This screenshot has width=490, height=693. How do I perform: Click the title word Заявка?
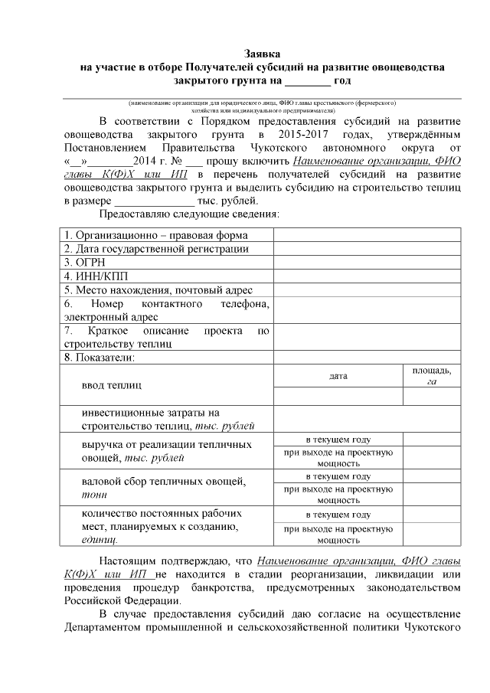[x=262, y=54]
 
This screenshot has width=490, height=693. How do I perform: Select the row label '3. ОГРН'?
[x=85, y=262]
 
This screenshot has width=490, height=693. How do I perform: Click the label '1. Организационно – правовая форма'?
[x=156, y=235]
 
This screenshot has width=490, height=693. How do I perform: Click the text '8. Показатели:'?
[x=100, y=357]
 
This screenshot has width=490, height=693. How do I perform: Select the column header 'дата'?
[x=338, y=377]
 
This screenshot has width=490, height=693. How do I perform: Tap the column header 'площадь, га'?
[x=432, y=376]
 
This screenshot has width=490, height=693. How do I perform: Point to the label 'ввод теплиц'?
[x=111, y=384]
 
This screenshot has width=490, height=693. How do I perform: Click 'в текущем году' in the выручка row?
[x=338, y=440]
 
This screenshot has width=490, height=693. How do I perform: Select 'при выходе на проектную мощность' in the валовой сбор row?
[x=338, y=494]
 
